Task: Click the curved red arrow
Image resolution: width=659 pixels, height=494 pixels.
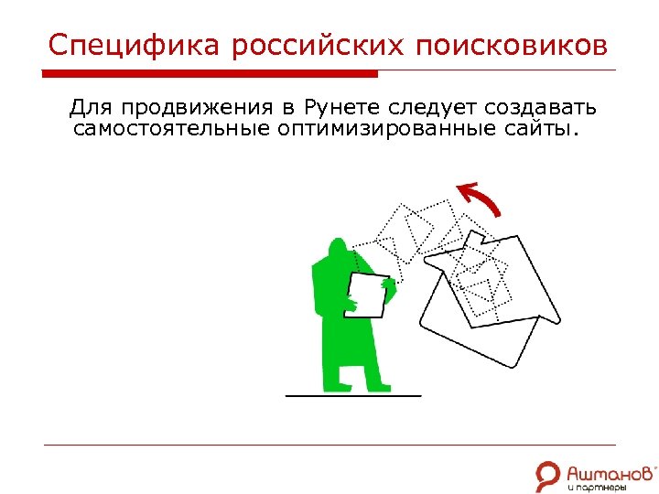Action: click(481, 199)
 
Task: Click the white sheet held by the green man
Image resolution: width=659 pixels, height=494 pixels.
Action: click(368, 294)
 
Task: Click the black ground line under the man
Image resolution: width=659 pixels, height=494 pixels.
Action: click(353, 396)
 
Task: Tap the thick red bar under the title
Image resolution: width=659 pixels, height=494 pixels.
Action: click(211, 73)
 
